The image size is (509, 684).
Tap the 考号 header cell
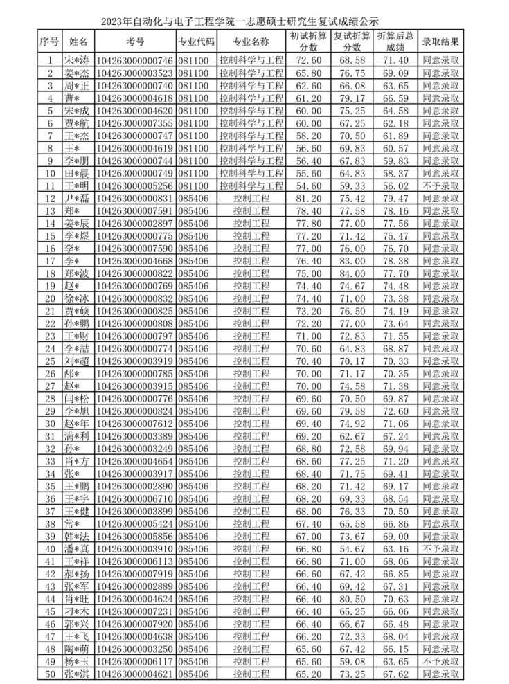tap(134, 42)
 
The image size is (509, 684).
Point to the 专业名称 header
tap(251, 42)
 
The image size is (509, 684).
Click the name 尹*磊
tap(77, 198)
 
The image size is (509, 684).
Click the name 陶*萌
tap(77, 649)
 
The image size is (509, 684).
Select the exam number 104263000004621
tap(134, 674)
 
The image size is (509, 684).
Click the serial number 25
tap(49, 361)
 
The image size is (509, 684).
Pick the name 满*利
tap(77, 436)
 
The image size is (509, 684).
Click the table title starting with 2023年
tap(254, 21)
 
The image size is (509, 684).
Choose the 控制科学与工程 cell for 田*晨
tap(251, 173)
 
